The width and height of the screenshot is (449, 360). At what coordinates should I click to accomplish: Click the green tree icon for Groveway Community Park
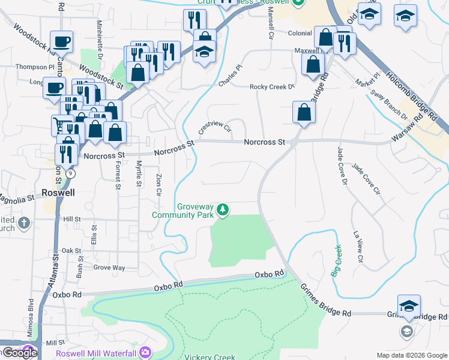pyautogui.click(x=223, y=209)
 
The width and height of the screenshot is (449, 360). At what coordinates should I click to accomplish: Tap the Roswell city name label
pyautogui.click(x=58, y=193)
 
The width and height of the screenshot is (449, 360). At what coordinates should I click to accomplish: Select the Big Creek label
pyautogui.click(x=336, y=260)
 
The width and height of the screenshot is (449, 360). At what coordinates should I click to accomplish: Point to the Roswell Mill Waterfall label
pyautogui.click(x=97, y=353)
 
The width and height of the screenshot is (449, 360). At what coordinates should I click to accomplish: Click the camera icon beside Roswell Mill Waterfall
pyautogui.click(x=145, y=352)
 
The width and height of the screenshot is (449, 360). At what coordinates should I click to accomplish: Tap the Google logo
pyautogui.click(x=19, y=353)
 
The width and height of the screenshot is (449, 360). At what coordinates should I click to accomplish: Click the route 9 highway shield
pyautogui.click(x=71, y=173)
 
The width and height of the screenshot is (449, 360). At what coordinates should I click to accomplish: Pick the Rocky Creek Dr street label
pyautogui.click(x=273, y=87)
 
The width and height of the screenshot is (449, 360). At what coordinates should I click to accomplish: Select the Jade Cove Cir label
pyautogui.click(x=367, y=179)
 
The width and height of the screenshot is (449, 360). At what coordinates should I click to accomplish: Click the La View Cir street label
pyautogui.click(x=358, y=247)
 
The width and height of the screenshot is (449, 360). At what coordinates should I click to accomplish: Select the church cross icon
pyautogui.click(x=23, y=224)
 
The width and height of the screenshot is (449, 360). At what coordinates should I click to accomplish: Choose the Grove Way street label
pyautogui.click(x=109, y=267)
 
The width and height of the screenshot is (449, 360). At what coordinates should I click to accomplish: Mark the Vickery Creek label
pyautogui.click(x=209, y=357)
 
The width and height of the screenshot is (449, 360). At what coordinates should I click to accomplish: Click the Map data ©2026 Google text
pyautogui.click(x=411, y=355)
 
